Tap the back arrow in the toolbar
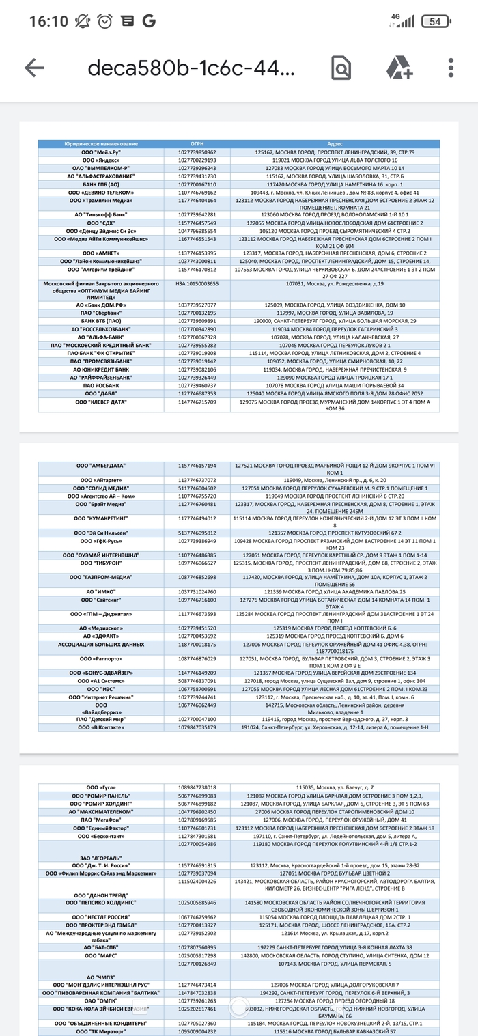[34, 67]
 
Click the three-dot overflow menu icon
[451, 67]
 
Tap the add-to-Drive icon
[399, 67]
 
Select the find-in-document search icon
[340, 67]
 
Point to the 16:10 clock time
[48, 21]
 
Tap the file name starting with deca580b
[191, 67]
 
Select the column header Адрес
[335, 144]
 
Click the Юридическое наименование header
[101, 144]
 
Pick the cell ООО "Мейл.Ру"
[101, 152]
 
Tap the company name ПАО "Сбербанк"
[101, 312]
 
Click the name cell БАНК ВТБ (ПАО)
[101, 320]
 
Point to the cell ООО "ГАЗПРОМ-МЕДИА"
[101, 576]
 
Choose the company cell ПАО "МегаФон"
[101, 819]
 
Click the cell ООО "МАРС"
[101, 955]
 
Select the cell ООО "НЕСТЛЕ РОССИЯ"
[101, 916]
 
